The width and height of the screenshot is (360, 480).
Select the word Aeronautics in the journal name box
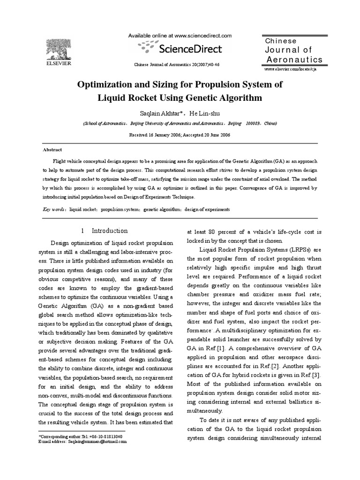pos(294,60)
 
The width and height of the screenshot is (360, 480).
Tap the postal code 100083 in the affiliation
pos(254,123)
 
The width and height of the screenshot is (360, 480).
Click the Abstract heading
pos(52,150)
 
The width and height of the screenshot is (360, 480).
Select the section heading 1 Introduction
pos(104,231)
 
